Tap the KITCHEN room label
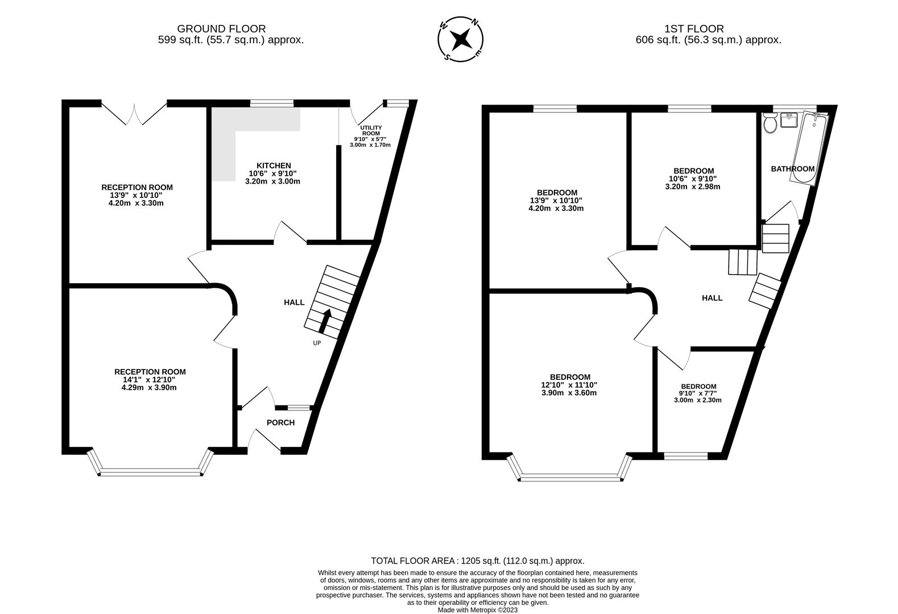[274, 165]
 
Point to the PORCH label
[281, 422]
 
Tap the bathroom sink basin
[789, 121]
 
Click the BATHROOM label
[792, 169]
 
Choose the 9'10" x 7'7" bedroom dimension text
[697, 393]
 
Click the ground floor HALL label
[294, 302]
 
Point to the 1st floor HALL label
[712, 298]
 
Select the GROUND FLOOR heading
[221, 28]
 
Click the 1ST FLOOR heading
[694, 28]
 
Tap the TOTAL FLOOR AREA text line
[478, 561]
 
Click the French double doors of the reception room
[134, 113]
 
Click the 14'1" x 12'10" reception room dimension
[150, 380]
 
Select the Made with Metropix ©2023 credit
[478, 610]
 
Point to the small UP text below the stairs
[317, 343]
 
